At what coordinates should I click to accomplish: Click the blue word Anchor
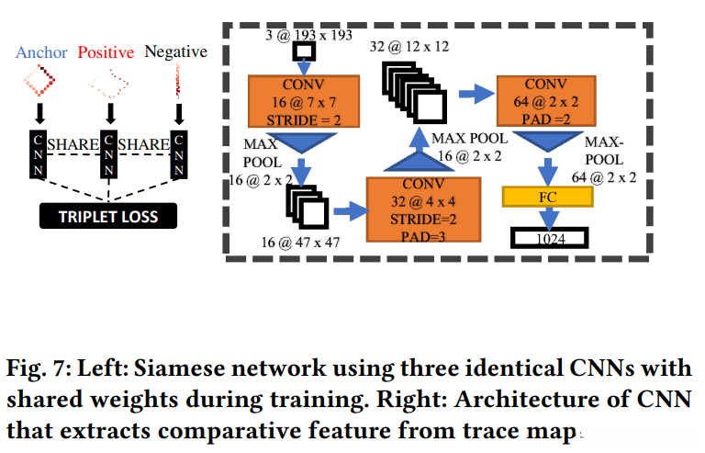click(x=42, y=52)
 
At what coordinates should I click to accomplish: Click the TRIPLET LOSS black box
click(x=108, y=217)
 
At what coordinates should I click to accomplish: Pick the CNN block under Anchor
click(x=38, y=155)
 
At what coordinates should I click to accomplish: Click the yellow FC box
click(x=548, y=197)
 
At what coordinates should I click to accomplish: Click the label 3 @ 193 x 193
click(x=307, y=35)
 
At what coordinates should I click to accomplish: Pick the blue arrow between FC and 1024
click(x=548, y=218)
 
